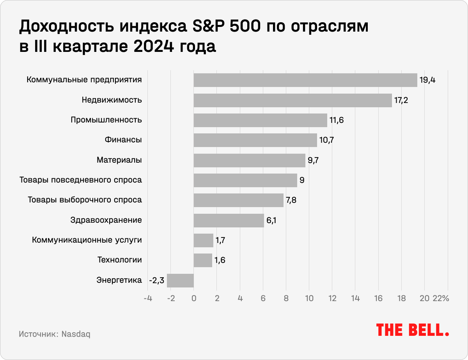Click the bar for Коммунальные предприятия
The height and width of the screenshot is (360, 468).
(305, 80)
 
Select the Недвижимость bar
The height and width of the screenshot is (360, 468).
(292, 100)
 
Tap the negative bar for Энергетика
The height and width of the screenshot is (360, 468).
(180, 280)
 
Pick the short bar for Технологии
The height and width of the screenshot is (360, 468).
(203, 260)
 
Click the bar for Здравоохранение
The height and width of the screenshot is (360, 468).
(229, 220)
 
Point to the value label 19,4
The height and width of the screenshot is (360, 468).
(427, 80)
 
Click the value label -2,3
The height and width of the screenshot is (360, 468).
(157, 280)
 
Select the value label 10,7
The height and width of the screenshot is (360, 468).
(326, 140)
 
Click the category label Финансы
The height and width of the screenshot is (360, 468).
(123, 140)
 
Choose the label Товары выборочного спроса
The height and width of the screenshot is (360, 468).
(85, 200)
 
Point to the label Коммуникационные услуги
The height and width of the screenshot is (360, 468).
(87, 240)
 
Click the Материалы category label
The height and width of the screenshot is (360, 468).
(119, 160)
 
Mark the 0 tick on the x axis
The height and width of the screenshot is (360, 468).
(194, 299)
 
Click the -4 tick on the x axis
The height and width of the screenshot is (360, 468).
(147, 299)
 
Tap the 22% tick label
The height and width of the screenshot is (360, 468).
(441, 299)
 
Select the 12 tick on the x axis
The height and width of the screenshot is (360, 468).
(332, 299)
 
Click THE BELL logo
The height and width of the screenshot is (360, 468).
(412, 330)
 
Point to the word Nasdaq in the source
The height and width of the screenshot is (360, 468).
(76, 335)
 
